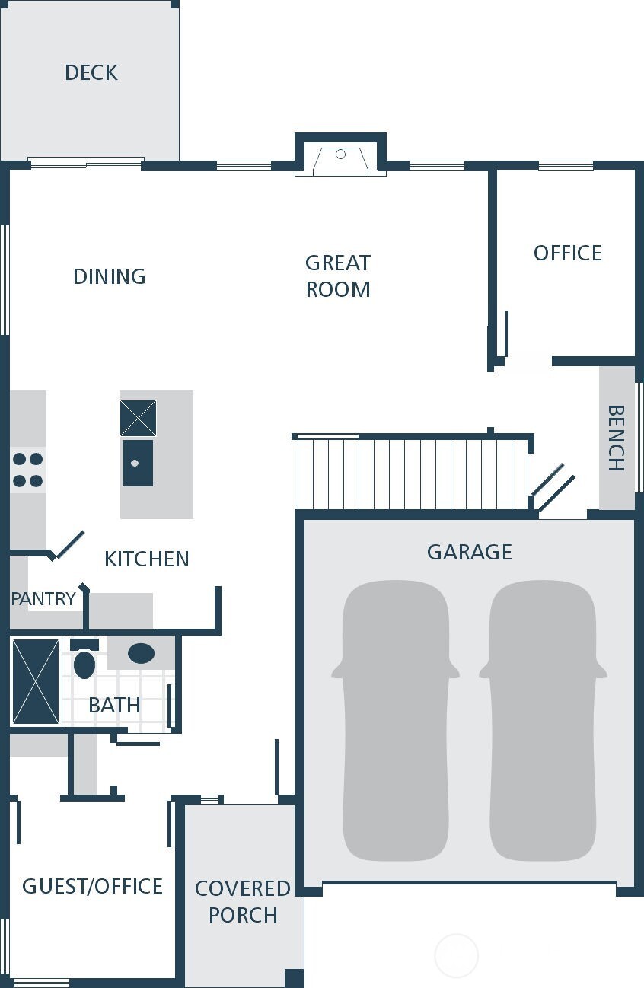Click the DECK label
click(91, 73)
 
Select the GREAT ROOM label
click(338, 276)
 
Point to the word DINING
click(109, 276)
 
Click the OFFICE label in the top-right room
click(567, 253)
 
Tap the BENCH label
click(616, 438)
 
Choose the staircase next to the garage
click(412, 473)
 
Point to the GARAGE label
click(469, 552)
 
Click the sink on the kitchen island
click(138, 463)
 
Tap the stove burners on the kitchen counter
click(27, 470)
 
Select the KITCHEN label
click(146, 559)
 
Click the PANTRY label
click(43, 599)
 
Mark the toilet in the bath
click(84, 661)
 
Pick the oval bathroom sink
click(141, 653)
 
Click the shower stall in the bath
click(36, 681)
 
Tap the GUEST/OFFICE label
click(92, 886)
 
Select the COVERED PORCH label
click(243, 901)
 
